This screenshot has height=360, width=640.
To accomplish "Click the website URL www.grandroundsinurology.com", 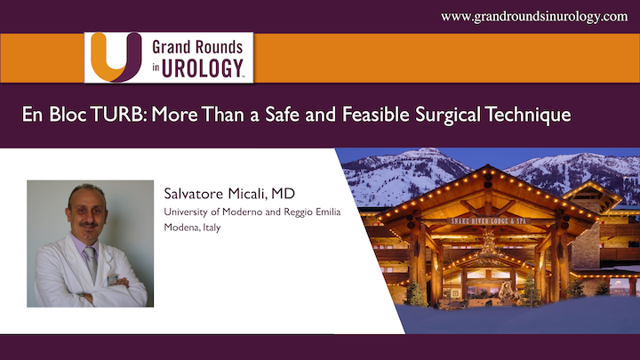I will coord(534,16).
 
